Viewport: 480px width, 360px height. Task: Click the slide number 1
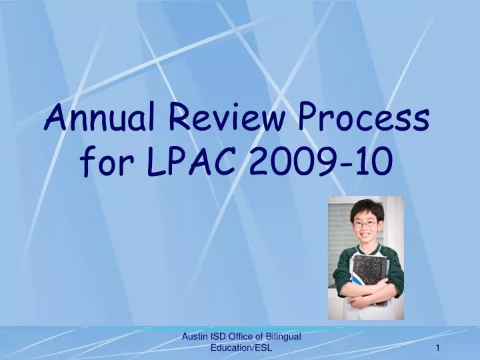tap(438, 348)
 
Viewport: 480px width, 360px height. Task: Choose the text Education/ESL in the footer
tap(241, 349)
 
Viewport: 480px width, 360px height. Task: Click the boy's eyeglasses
tap(365, 225)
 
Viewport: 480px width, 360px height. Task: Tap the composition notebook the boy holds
tap(369, 275)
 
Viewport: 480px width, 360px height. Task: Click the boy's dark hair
tap(366, 207)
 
